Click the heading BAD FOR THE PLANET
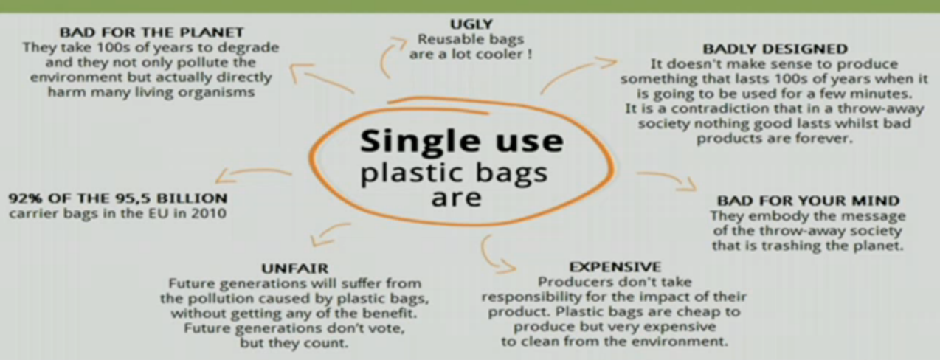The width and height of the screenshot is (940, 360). pos(151,32)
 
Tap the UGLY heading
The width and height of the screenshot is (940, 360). pos(471,24)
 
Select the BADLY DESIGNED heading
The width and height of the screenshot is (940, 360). pos(775,49)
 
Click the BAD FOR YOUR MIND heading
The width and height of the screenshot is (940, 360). pos(808,201)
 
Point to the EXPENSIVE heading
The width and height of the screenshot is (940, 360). pos(615,267)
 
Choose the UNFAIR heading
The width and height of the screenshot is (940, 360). pos(295,268)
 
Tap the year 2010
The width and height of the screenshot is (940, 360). pos(209,214)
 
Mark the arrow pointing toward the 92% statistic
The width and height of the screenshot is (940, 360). pos(252,172)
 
